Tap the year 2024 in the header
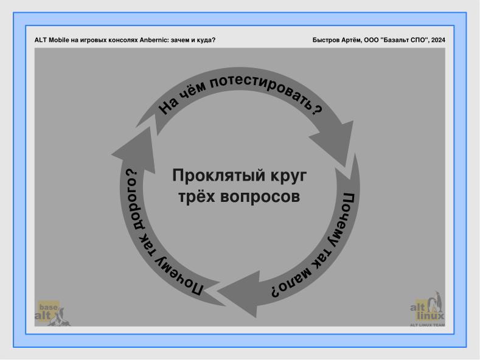[x=436, y=40]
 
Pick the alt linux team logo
[x=430, y=310]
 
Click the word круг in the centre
[x=286, y=176]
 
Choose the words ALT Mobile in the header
[x=53, y=40]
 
